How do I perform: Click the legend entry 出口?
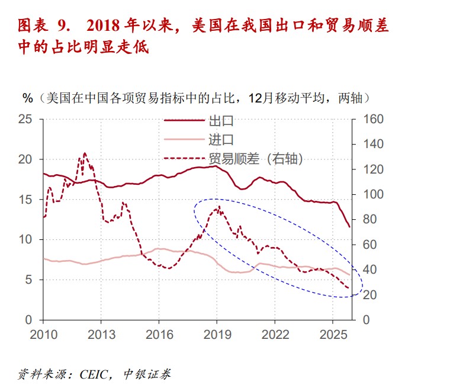pyautogui.click(x=221, y=121)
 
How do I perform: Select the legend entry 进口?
pyautogui.click(x=221, y=140)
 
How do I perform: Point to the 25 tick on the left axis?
pyautogui.click(x=25, y=119)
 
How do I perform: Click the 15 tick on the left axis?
pyautogui.click(x=25, y=200)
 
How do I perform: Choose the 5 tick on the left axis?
pyautogui.click(x=29, y=280)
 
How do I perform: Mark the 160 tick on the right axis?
pyautogui.click(x=370, y=119)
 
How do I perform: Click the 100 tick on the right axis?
pyautogui.click(x=370, y=194)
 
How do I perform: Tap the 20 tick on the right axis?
pyautogui.click(x=367, y=294)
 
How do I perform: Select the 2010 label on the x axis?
pyautogui.click(x=44, y=334)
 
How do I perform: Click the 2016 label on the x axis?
pyautogui.click(x=159, y=334)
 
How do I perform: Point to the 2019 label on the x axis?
pyautogui.click(x=217, y=334)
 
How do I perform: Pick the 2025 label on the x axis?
pyautogui.click(x=332, y=334)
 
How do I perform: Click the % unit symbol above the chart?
pyautogui.click(x=27, y=98)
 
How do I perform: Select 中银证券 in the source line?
pyautogui.click(x=148, y=374)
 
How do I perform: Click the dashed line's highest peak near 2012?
pyautogui.click(x=84, y=153)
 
